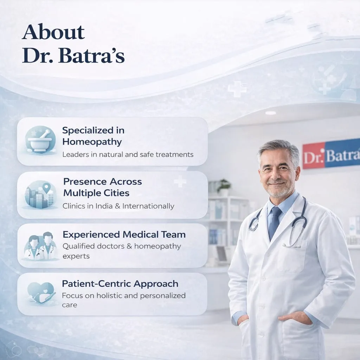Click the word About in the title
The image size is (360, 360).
pos(53,32)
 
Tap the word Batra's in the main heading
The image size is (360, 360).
pos(92,55)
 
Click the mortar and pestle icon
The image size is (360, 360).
pos(40,140)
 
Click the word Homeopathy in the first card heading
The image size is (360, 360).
pos(92,142)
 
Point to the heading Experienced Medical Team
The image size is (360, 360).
pos(124,234)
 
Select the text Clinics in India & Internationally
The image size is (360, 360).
pos(118,206)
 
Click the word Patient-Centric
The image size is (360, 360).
pos(97,284)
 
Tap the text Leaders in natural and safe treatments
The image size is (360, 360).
pos(128,154)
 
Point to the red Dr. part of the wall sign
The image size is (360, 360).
pos(313,155)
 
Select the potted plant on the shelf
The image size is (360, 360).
pos(224,187)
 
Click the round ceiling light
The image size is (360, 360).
pos(270,113)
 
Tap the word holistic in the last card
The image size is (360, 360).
pos(109,295)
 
